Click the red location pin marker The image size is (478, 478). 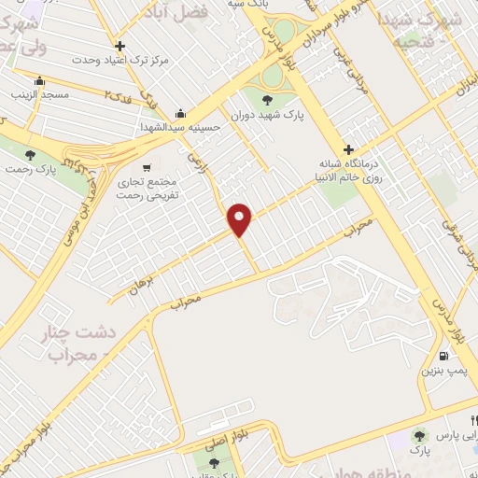coord(241,219)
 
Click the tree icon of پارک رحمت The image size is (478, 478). coord(31,154)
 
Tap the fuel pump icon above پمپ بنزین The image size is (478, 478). coord(443,355)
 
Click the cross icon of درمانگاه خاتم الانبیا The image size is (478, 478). coord(348,149)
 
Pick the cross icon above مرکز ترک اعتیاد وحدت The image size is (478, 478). coord(119,46)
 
